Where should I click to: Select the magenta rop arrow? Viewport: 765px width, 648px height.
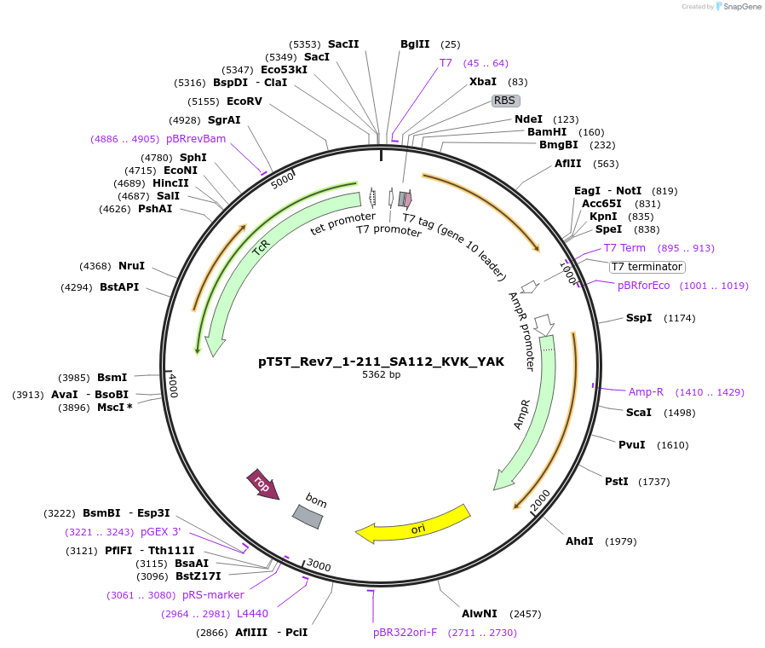point(262,484)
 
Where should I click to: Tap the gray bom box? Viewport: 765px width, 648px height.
point(308,514)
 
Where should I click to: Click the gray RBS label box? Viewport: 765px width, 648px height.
point(505,101)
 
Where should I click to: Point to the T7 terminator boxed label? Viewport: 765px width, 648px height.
point(647,267)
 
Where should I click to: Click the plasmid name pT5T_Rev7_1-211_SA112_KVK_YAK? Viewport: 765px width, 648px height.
point(381,362)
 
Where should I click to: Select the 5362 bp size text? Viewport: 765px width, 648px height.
point(381,375)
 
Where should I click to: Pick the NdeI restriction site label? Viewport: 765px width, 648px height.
point(528,119)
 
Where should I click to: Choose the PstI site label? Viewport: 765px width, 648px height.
point(616,482)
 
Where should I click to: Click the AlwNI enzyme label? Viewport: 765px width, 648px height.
point(479,614)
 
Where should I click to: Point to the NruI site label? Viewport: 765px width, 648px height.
point(132,266)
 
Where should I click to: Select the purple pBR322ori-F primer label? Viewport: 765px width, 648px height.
point(406,633)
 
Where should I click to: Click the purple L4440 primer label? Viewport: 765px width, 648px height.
point(252,614)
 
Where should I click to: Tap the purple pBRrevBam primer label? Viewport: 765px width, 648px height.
point(196,138)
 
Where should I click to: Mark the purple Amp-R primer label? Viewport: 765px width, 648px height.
point(646,392)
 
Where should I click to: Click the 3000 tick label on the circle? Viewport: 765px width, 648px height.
point(319,566)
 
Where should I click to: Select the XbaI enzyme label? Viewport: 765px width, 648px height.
point(483,82)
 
